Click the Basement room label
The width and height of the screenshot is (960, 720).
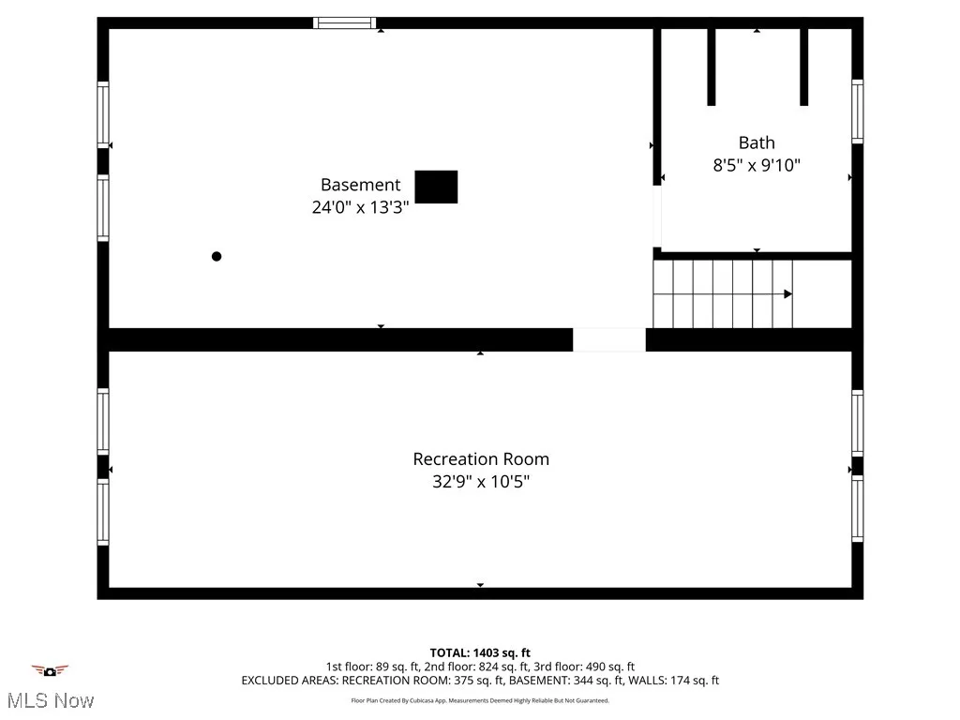point(360,185)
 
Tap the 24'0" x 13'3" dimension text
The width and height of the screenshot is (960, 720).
point(360,207)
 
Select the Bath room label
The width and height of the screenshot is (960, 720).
point(757,142)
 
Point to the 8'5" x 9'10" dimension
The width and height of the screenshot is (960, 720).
point(757,166)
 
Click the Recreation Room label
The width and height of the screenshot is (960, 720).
point(481,459)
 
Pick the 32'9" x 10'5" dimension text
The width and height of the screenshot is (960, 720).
point(481,482)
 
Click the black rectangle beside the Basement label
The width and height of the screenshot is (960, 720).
point(436,187)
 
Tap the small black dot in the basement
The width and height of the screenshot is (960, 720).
point(217,256)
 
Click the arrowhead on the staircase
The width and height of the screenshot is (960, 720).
point(787,294)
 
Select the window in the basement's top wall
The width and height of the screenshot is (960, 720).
point(344,22)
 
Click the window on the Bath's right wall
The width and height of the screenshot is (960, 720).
point(857,111)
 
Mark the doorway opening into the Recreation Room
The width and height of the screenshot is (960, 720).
point(609,339)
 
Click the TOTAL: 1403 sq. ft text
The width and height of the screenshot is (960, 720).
point(480,652)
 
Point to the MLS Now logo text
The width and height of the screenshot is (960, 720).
point(50,700)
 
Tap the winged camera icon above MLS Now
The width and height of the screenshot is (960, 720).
point(50,670)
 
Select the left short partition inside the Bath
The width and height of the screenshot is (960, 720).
point(712,66)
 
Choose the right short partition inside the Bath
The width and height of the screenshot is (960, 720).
point(803,66)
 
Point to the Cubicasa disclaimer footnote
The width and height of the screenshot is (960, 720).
point(480,700)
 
